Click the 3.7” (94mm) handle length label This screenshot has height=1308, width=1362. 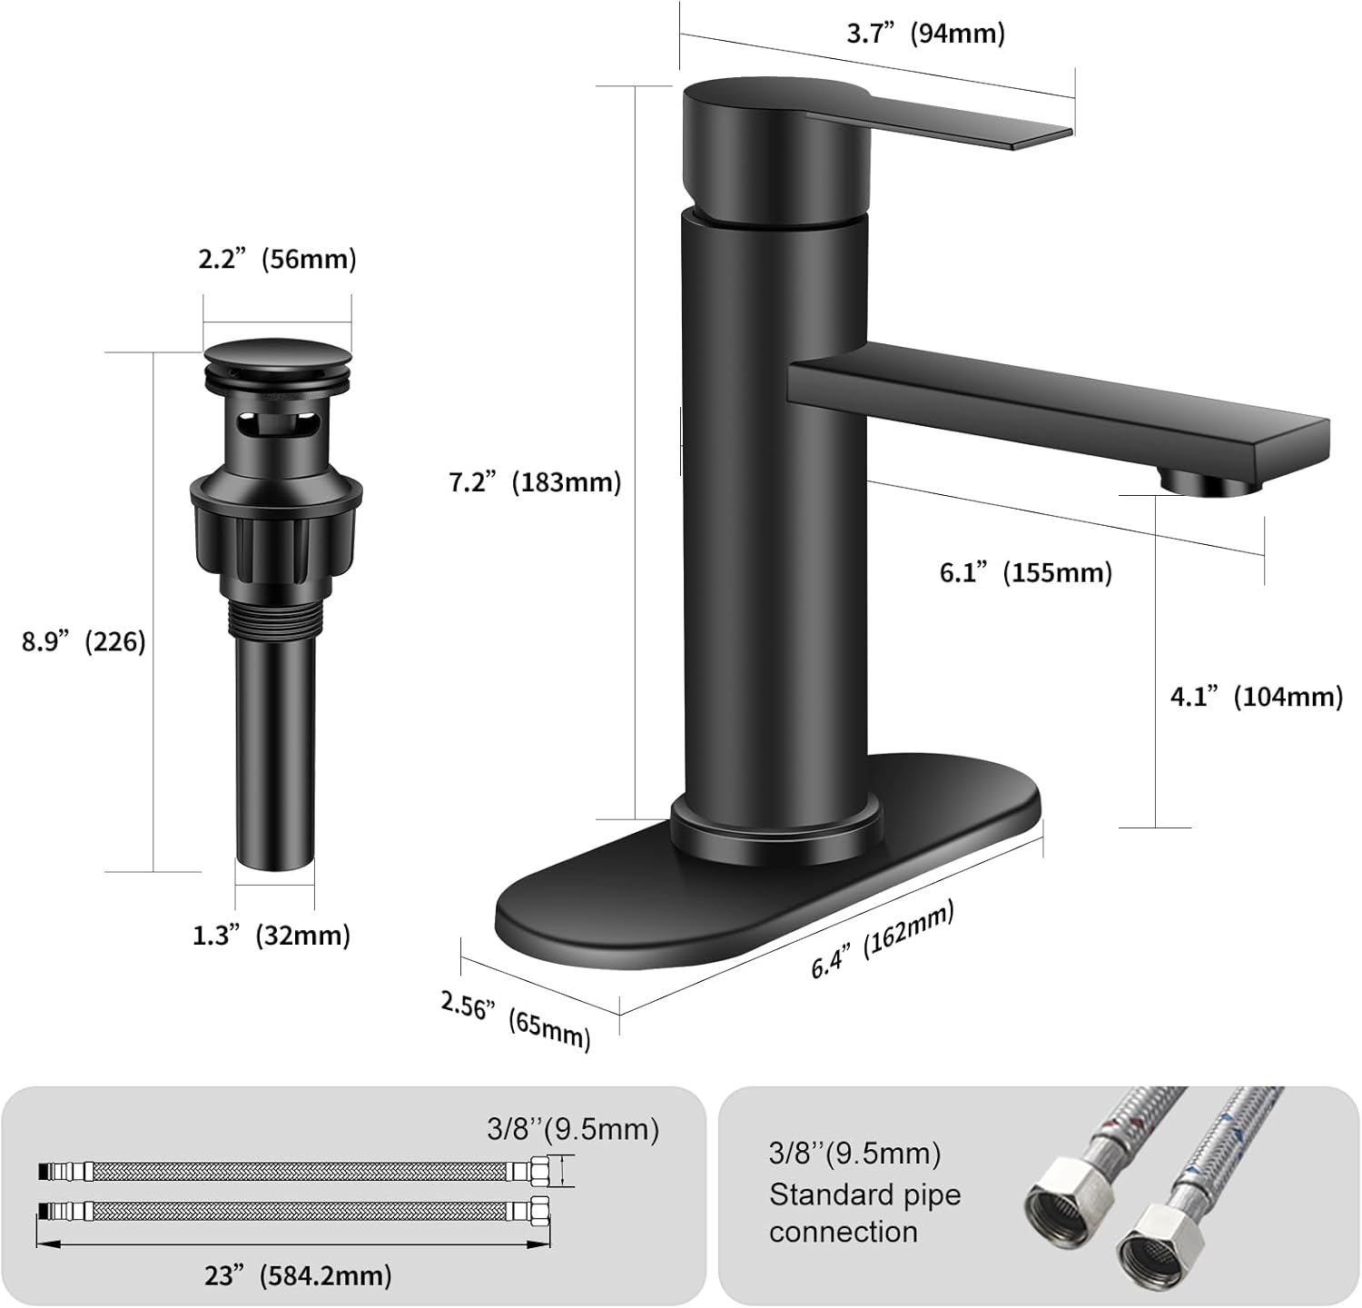pos(925,35)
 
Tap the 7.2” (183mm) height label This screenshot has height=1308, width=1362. pos(535,481)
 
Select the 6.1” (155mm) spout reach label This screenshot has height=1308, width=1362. pos(1025,572)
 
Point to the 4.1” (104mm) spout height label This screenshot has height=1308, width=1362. pos(1256,697)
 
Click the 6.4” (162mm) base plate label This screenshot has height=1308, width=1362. pos(882,939)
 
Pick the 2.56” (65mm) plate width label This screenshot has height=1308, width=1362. pos(515,1018)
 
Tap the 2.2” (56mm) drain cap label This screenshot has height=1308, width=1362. pos(277,259)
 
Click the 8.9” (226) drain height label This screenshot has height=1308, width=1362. pos(84,641)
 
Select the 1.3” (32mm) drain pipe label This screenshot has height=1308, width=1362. pos(271,935)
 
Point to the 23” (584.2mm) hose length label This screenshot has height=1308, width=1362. pos(298,1275)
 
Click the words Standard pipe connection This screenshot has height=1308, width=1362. pos(864,1213)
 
